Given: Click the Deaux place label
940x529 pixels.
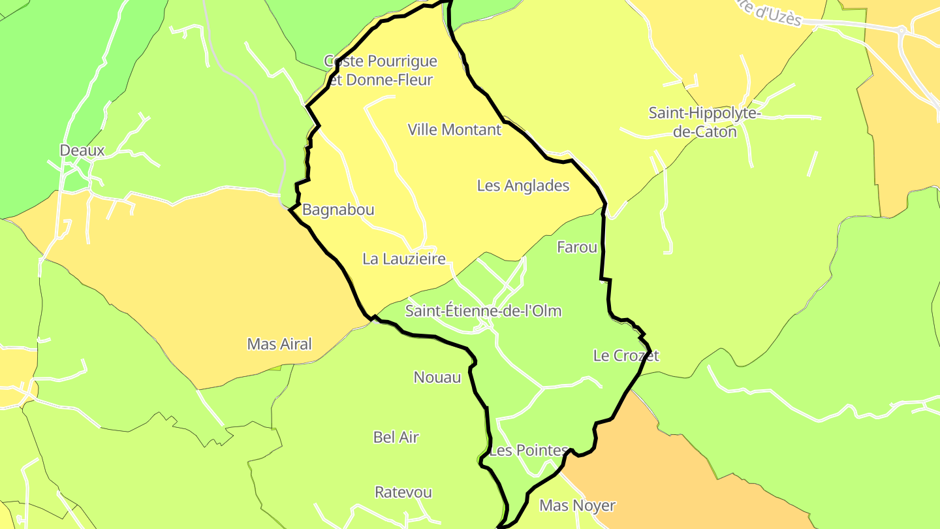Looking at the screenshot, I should click(82, 150).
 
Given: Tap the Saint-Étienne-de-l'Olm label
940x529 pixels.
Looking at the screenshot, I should click(483, 310).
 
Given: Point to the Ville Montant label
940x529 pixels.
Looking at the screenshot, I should click(454, 129).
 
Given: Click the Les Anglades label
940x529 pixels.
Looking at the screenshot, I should click(523, 185).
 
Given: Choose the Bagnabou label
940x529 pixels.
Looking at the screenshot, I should click(338, 210).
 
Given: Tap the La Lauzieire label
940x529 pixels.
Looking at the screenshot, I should click(404, 259).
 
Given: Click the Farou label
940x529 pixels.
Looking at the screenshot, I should click(576, 247).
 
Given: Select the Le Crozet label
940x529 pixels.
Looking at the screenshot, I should click(626, 355).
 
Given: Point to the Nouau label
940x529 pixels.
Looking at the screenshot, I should click(437, 377).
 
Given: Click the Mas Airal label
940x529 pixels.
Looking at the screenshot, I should click(279, 344).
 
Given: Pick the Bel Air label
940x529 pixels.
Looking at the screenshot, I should click(396, 437).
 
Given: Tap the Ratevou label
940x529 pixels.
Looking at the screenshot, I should click(403, 492).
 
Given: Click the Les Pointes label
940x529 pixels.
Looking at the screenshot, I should click(529, 450).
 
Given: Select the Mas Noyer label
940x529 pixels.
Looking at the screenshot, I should click(577, 505).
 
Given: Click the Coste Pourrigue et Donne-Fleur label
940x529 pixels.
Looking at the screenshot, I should click(381, 71).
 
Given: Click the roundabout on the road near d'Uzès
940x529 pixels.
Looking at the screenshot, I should click(901, 29).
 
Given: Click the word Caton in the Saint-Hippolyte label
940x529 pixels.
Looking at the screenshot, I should click(714, 131).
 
